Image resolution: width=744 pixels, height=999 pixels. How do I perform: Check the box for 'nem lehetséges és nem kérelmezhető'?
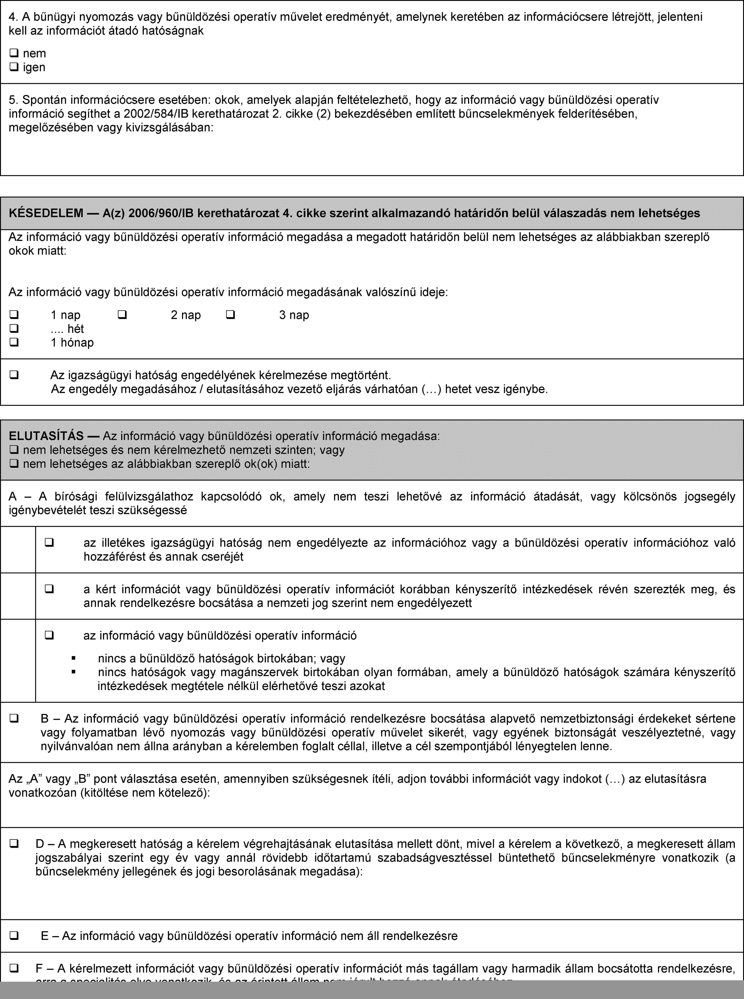click(x=14, y=450)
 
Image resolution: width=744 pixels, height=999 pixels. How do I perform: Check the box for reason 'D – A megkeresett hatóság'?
click(x=14, y=843)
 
